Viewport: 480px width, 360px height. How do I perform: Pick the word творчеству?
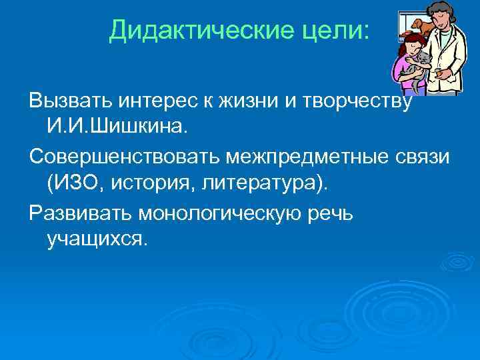click(363, 102)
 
